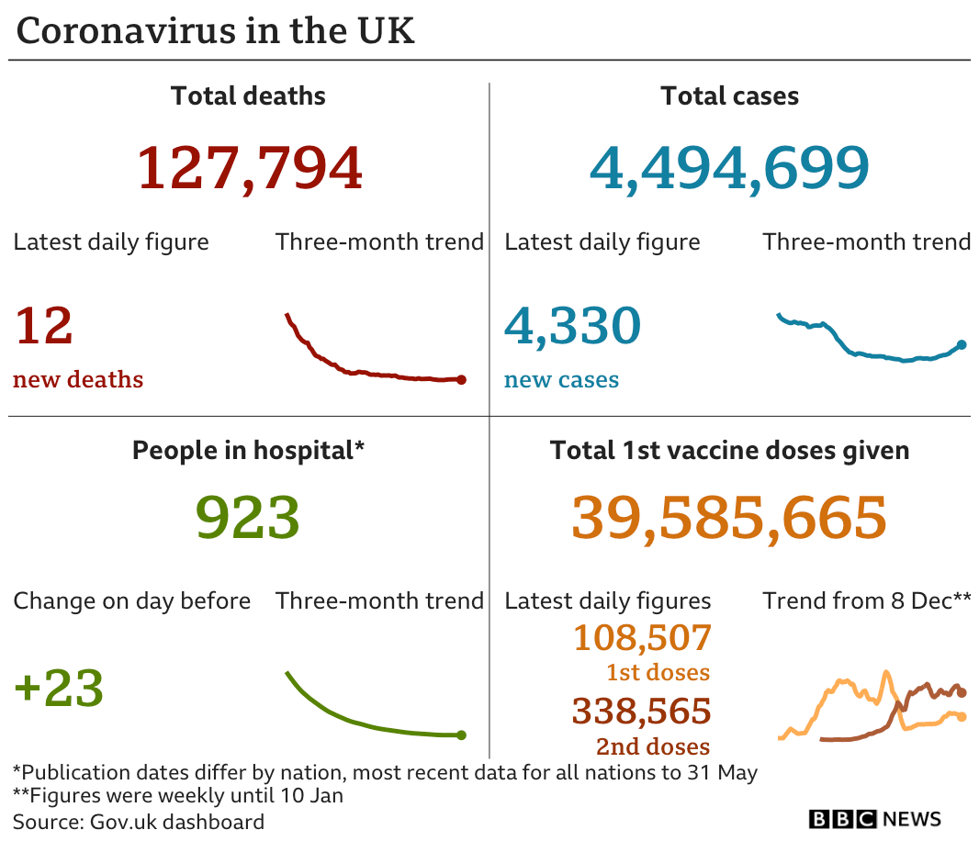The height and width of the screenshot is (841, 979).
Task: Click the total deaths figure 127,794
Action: (249, 168)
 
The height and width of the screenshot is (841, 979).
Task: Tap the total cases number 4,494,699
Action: (729, 168)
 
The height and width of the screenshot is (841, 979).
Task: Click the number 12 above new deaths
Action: (43, 326)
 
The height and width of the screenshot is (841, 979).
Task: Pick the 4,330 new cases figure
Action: (572, 326)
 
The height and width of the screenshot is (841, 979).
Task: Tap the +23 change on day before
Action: (59, 689)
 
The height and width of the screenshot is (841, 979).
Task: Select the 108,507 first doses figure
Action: (642, 637)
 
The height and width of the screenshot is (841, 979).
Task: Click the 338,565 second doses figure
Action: (642, 712)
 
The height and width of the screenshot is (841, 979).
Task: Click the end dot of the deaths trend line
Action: (461, 379)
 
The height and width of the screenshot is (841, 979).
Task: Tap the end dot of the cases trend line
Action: (962, 344)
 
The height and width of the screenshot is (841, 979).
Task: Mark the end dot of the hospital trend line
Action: (461, 734)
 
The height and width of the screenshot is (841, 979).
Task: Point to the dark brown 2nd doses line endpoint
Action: (962, 693)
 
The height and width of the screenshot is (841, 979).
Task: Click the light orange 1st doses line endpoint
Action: (962, 716)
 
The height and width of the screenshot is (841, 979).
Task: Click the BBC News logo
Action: (874, 819)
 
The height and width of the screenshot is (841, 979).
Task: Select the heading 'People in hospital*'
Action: (248, 450)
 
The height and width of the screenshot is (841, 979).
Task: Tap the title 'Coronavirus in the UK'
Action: (216, 31)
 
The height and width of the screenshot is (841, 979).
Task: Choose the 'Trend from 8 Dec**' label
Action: (866, 601)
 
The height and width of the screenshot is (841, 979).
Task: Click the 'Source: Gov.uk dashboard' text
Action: (139, 821)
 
